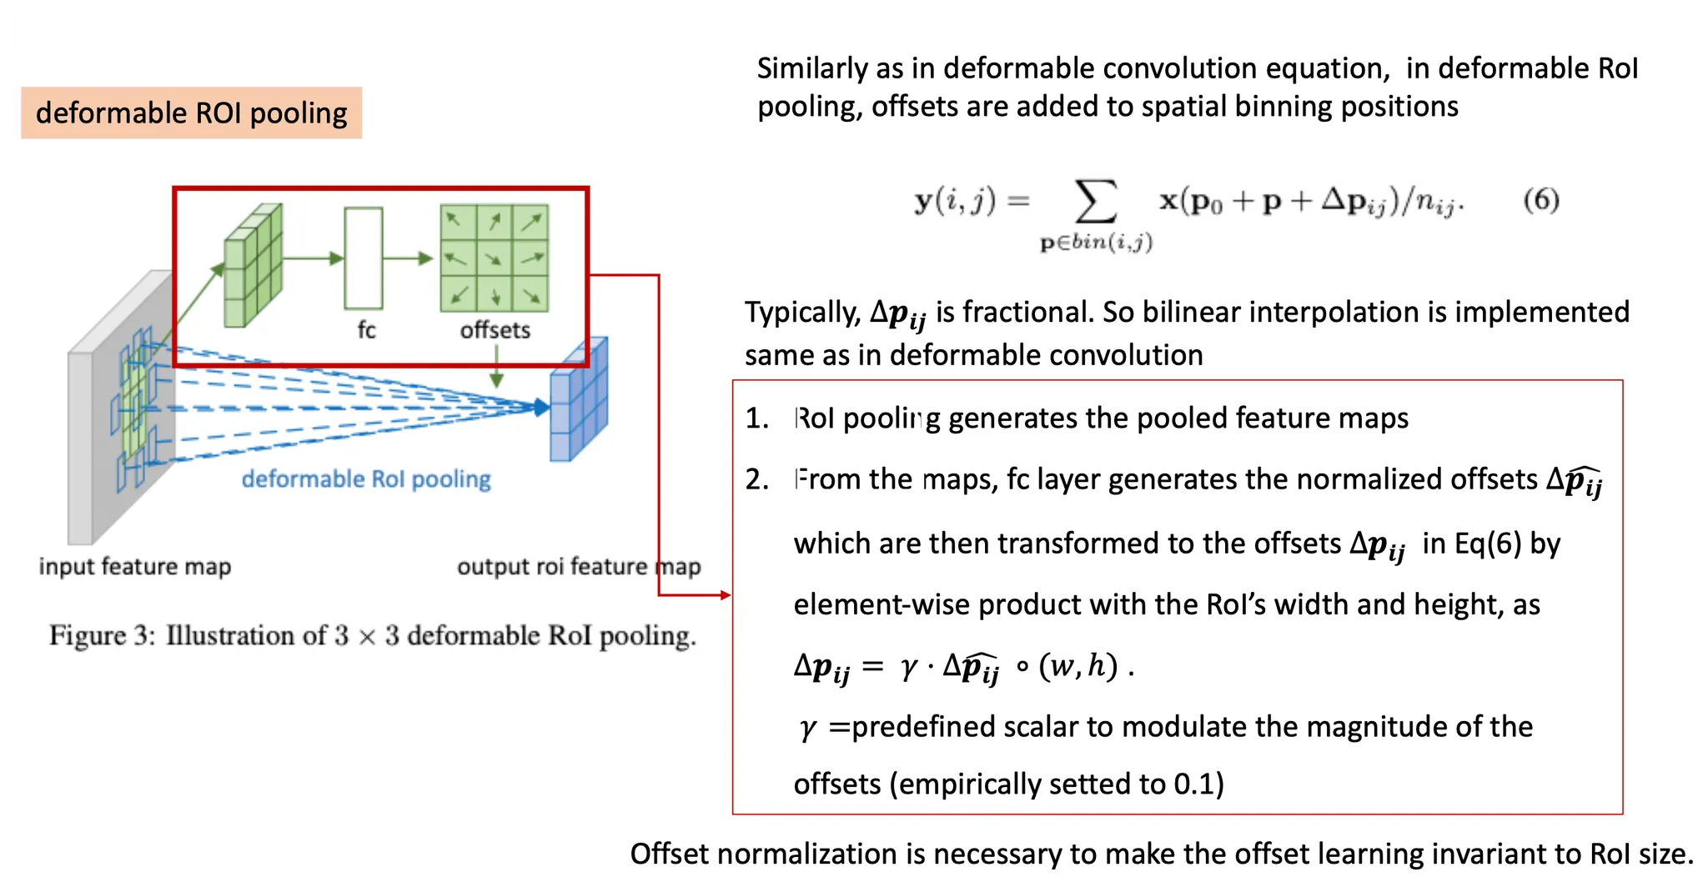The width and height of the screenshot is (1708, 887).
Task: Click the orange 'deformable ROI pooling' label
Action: pos(191,113)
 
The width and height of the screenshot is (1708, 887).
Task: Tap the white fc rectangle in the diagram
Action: pos(364,258)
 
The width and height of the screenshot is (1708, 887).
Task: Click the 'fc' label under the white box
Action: pos(366,330)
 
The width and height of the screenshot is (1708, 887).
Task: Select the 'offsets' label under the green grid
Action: pos(495,330)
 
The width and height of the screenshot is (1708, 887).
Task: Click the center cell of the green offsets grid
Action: pos(495,258)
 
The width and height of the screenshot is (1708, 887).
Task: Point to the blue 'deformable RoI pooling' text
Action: pos(366,479)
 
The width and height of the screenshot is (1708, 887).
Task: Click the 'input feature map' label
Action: pos(134,566)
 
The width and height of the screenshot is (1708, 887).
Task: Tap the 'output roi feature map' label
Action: pos(578,566)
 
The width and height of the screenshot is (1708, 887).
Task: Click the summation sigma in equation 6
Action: pos(1095,202)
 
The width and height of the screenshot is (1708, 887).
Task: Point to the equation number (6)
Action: pos(1540,200)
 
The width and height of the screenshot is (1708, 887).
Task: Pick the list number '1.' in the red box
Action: pos(756,418)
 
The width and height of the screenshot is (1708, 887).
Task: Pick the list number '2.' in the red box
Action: pos(756,479)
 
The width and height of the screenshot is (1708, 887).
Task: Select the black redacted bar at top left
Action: pos(183,37)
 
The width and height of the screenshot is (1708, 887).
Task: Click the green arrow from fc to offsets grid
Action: pos(408,258)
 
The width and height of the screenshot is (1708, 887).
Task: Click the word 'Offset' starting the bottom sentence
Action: pos(668,854)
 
